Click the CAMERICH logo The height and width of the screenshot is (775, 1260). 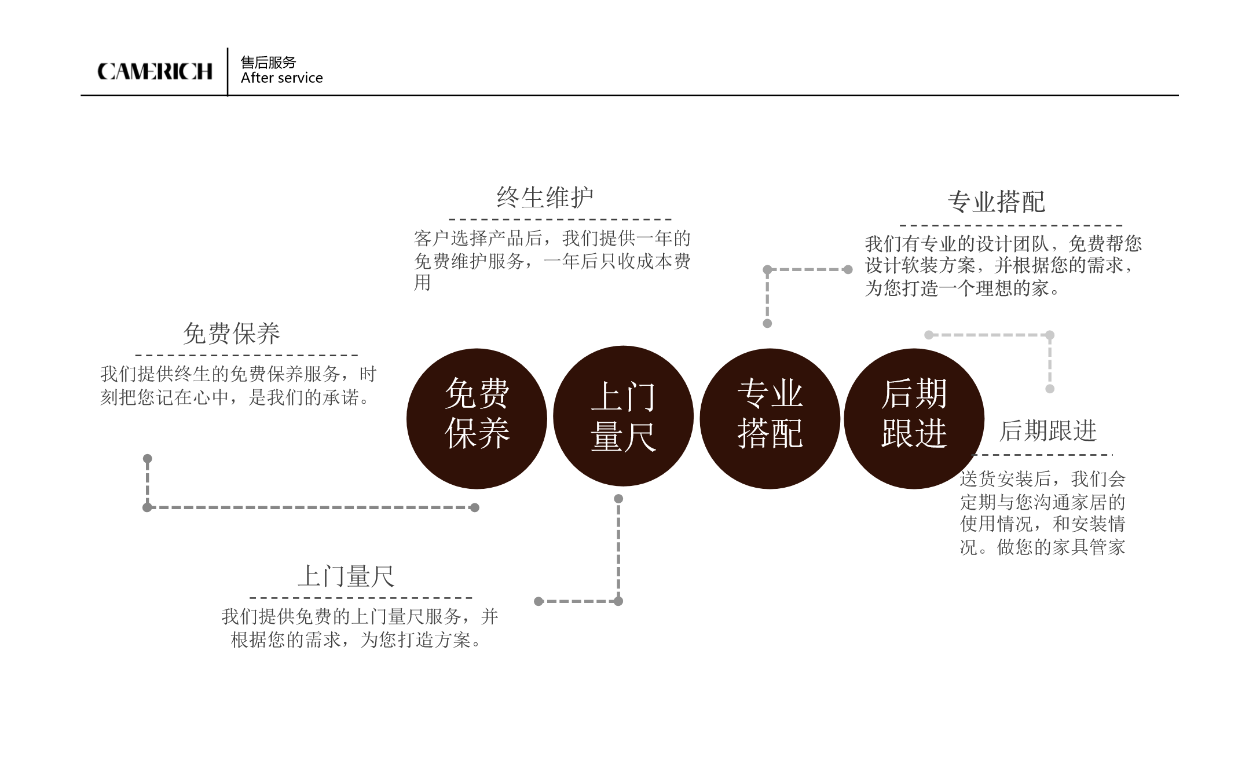[x=155, y=71]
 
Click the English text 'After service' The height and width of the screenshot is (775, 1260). [x=281, y=78]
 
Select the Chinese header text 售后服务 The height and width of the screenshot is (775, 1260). [x=268, y=62]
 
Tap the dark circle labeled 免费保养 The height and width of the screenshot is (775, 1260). [x=477, y=418]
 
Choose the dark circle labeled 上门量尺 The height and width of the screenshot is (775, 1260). [x=623, y=416]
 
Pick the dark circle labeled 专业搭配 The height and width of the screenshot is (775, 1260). [x=770, y=418]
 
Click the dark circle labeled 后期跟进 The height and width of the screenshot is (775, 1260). [x=914, y=418]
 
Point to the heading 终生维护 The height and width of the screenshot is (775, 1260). [x=545, y=198]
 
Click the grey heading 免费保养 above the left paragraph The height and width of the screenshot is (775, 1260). [x=232, y=334]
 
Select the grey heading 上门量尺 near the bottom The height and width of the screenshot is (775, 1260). [x=346, y=576]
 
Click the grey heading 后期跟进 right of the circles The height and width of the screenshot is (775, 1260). [x=1048, y=431]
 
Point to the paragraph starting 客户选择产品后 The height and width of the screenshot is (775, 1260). [x=552, y=261]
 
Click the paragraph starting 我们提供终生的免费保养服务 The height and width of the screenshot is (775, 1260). [x=239, y=386]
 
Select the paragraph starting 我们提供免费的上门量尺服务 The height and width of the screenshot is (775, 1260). [x=360, y=628]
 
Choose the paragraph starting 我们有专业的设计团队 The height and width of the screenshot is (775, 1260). [x=1003, y=266]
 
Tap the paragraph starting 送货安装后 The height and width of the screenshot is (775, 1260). [x=1043, y=513]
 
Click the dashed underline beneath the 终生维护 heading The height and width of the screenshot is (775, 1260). [x=560, y=220]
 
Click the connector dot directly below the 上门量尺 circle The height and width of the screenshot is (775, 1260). [x=618, y=499]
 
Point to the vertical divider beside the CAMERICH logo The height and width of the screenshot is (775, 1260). [x=228, y=71]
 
